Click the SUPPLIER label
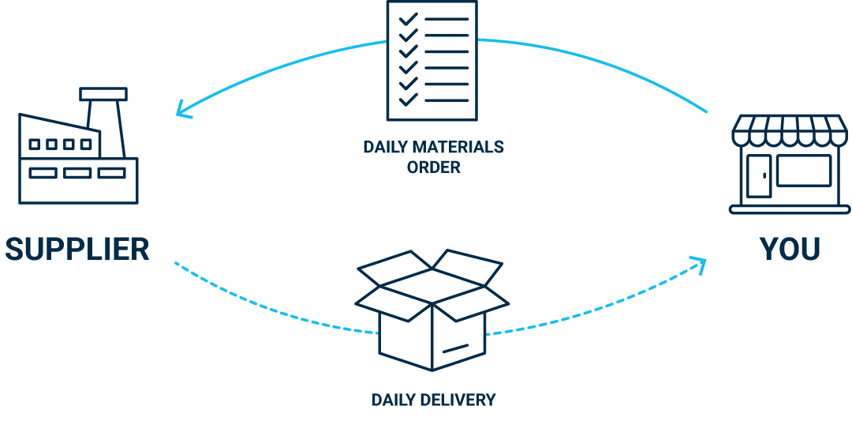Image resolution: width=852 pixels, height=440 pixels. (x=77, y=250)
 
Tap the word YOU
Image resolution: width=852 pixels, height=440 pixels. (x=790, y=250)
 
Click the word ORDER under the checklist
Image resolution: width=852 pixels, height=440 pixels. (x=433, y=167)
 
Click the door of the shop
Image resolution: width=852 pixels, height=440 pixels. (x=758, y=175)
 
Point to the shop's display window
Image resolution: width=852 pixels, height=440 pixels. (x=803, y=171)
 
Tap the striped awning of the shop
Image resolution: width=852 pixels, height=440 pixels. (x=790, y=130)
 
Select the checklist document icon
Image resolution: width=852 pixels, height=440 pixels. (x=432, y=60)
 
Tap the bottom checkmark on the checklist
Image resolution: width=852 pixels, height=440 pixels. (x=408, y=100)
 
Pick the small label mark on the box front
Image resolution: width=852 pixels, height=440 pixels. (x=454, y=348)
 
